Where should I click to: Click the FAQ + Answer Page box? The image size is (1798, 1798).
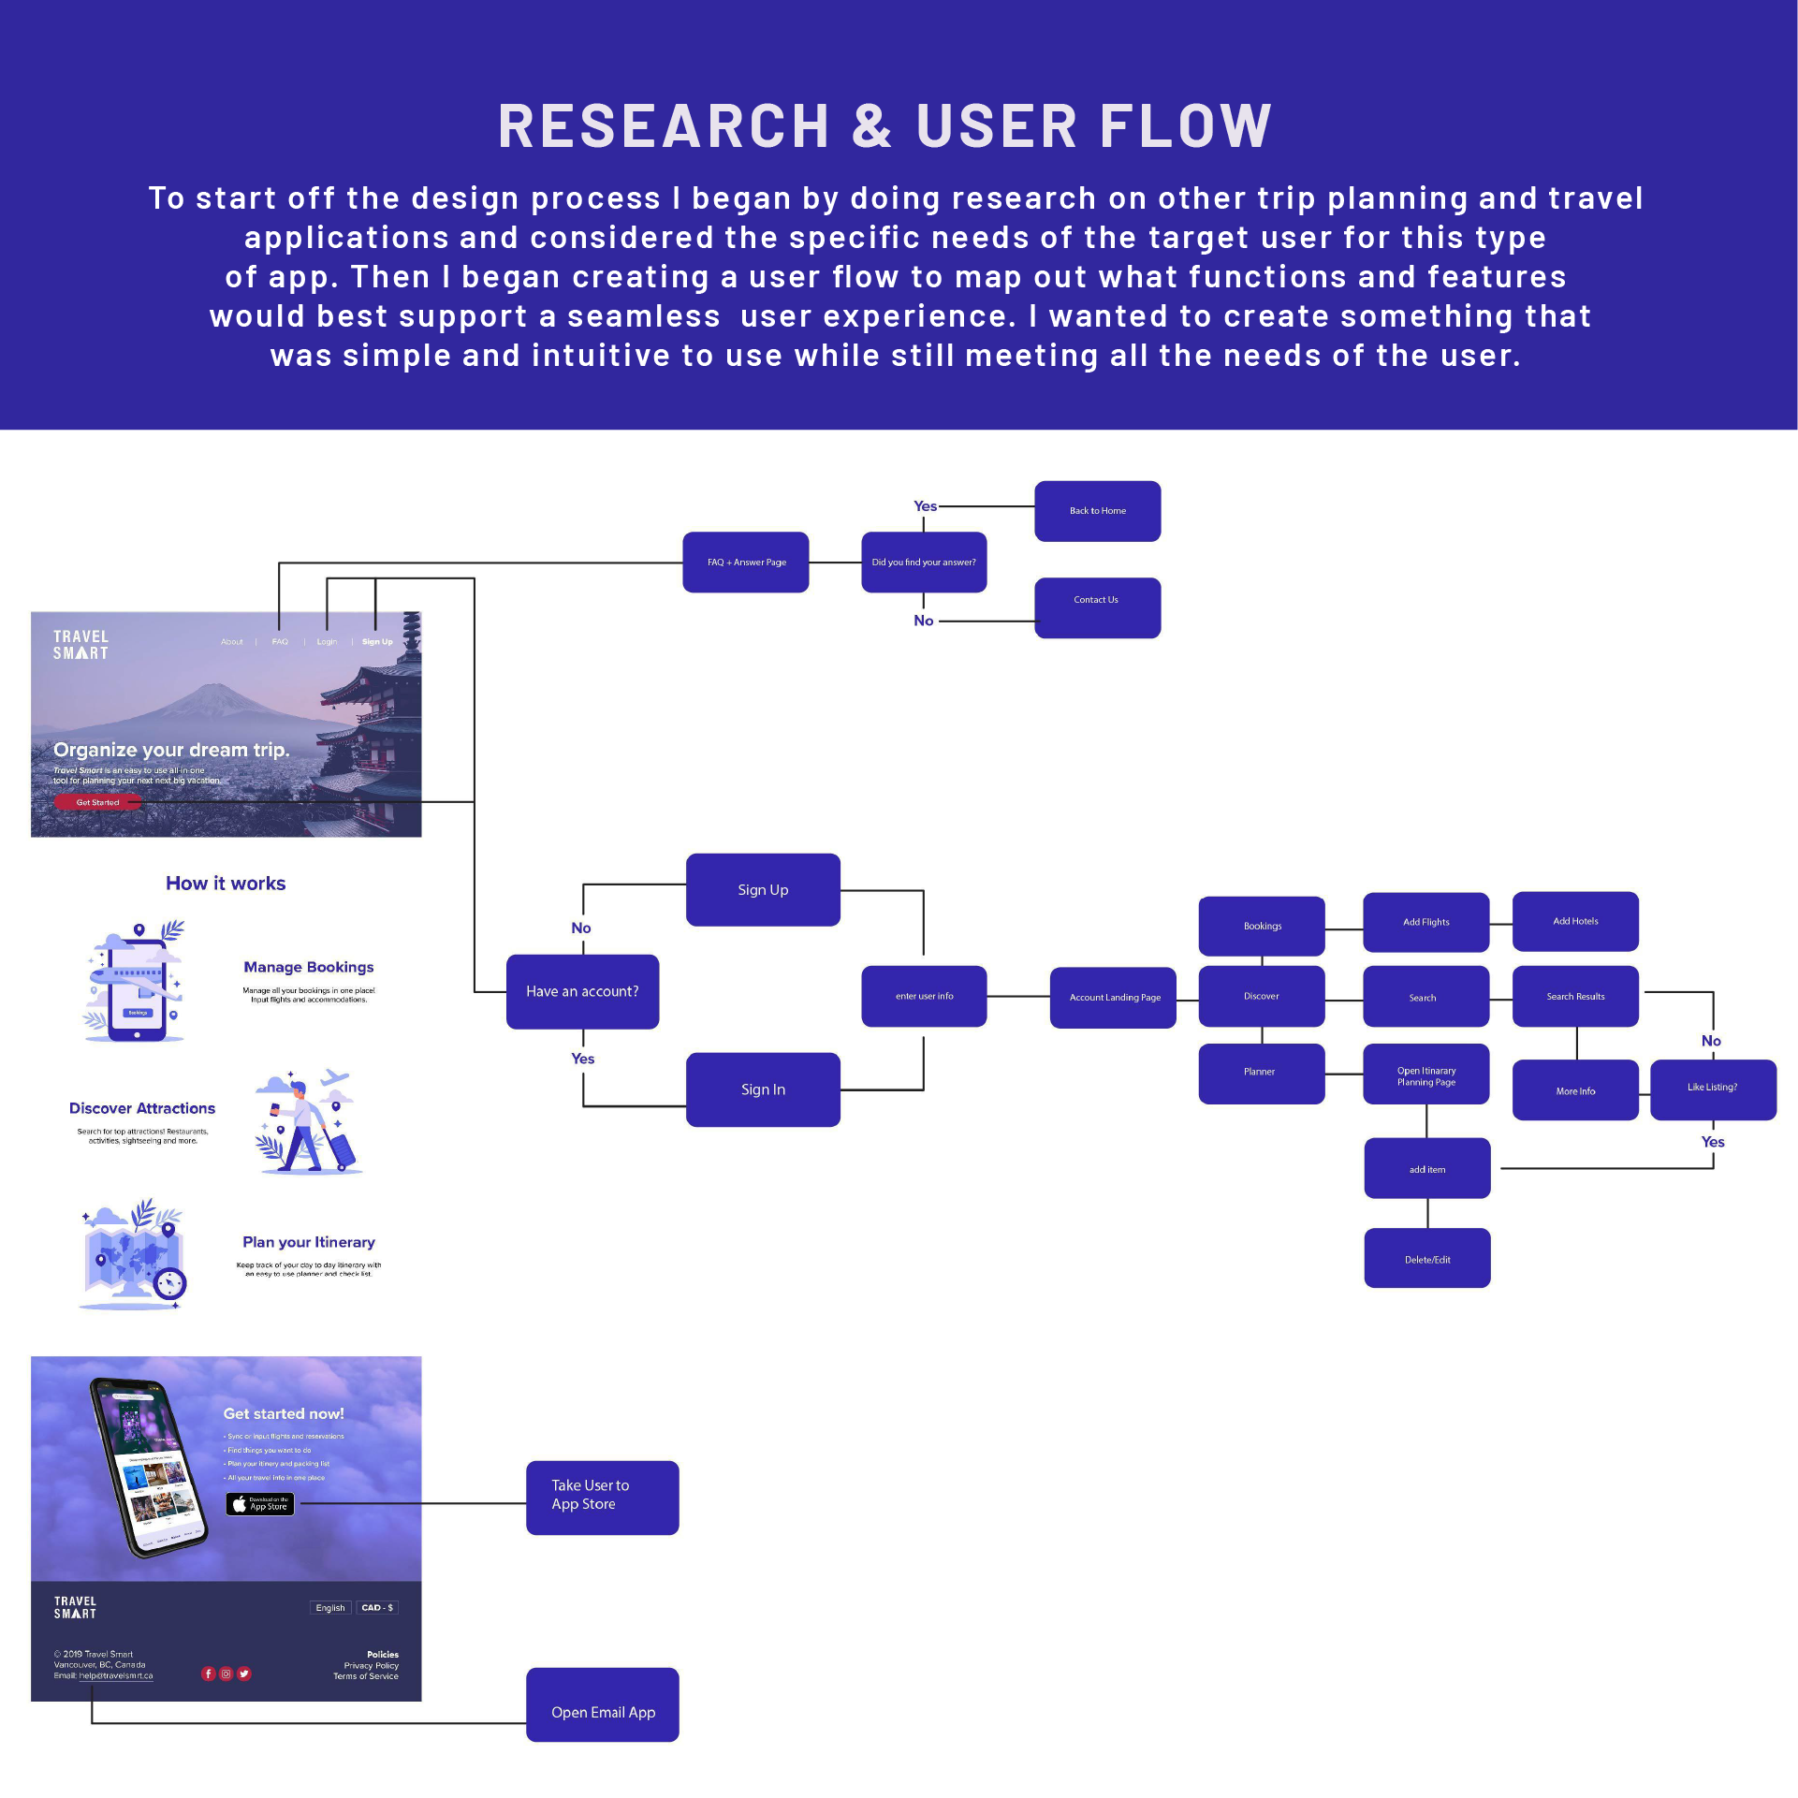[746, 563]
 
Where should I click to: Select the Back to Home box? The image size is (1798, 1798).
[1097, 511]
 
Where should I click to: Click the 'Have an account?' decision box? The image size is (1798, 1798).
[582, 991]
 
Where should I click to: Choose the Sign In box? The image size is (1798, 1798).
[763, 1089]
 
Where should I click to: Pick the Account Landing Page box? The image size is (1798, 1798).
[1114, 998]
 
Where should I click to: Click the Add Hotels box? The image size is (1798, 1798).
[1575, 922]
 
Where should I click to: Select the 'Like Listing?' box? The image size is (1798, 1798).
[1713, 1089]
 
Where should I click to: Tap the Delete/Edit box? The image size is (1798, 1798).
[1427, 1259]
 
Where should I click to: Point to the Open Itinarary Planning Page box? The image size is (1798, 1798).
[1426, 1075]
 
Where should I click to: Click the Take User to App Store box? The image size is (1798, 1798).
[602, 1496]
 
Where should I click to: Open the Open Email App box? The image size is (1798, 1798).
[602, 1711]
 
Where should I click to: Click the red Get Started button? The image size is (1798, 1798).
[97, 802]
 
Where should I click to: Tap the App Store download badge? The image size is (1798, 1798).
[260, 1504]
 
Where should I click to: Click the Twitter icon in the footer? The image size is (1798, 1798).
[244, 1674]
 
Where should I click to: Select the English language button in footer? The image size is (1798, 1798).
[330, 1608]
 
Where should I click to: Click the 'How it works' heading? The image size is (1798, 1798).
[226, 884]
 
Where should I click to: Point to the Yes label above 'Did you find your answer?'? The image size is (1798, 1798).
[925, 506]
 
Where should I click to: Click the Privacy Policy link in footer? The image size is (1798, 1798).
[371, 1666]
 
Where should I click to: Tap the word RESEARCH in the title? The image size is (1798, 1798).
[664, 126]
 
